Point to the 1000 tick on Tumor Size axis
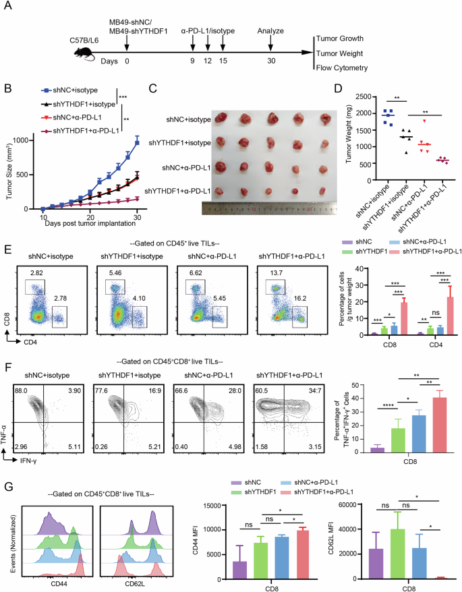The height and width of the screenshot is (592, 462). pyautogui.click(x=26, y=140)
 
